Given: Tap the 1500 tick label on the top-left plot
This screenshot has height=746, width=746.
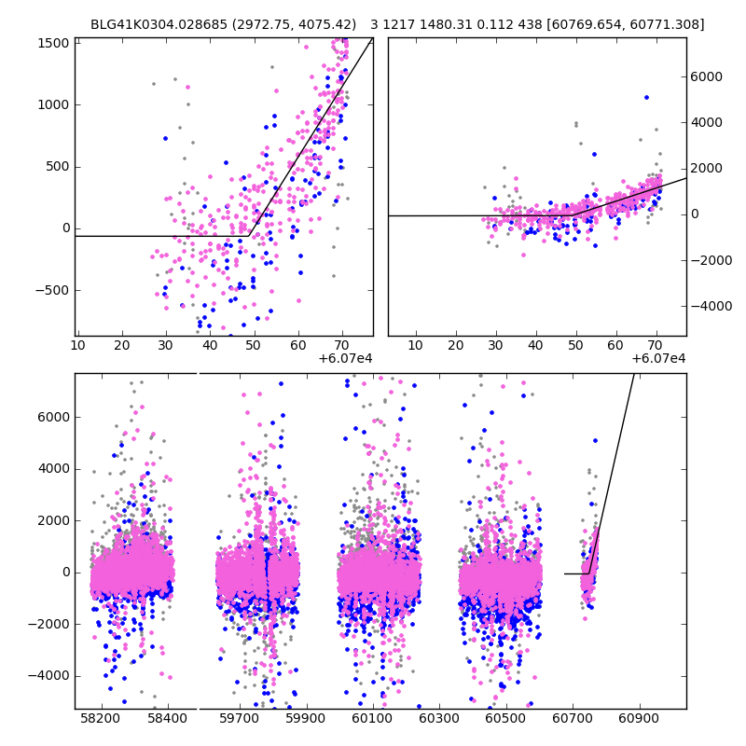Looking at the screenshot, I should [x=52, y=44].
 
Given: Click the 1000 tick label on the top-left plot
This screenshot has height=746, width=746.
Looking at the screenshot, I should [x=52, y=105].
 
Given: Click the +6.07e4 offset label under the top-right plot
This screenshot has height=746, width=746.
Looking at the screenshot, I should [x=658, y=358].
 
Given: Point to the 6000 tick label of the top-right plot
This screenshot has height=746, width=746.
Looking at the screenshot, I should [x=706, y=76].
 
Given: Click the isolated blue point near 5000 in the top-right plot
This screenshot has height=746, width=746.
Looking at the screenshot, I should [x=646, y=97].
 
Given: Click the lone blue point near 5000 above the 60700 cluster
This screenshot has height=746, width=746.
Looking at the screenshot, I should [x=595, y=440].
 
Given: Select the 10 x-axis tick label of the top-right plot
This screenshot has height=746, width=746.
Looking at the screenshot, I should [x=415, y=345].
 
